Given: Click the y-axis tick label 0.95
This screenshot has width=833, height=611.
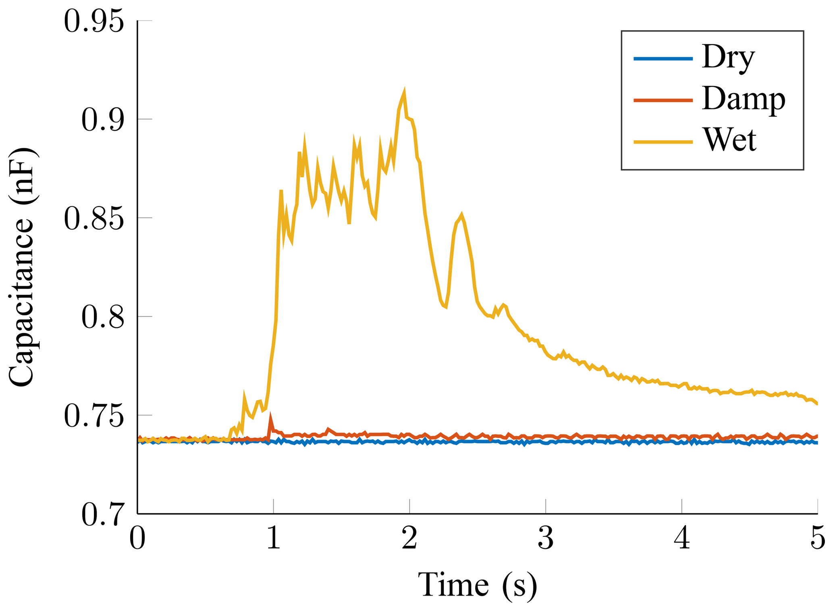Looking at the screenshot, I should pos(93,21).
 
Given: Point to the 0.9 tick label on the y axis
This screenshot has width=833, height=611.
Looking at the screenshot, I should pos(102,120).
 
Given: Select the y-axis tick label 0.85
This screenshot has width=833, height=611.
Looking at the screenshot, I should pos(93,219).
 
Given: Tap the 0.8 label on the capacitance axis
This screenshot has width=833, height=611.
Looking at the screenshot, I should pos(102,317).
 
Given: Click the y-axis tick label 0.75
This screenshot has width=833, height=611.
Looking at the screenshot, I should pos(93,416).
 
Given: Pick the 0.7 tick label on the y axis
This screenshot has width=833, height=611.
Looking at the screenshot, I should pos(102,515).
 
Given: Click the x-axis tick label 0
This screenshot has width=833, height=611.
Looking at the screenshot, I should pos(137,539).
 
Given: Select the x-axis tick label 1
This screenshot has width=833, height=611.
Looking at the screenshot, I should pos(274,539).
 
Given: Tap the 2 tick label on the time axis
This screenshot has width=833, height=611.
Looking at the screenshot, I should pos(409,539).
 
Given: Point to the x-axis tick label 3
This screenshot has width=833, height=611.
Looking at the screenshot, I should pos(546,539).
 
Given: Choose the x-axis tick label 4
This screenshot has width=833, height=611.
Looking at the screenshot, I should pos(682,539).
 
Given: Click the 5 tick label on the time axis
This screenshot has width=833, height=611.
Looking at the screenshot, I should pos(818,539).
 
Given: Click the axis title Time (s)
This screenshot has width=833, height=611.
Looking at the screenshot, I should pos(477,584).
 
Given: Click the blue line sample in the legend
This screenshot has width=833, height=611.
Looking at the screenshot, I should pos(663,59).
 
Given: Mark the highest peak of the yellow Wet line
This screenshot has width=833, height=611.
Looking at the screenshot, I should pos(404,91).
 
